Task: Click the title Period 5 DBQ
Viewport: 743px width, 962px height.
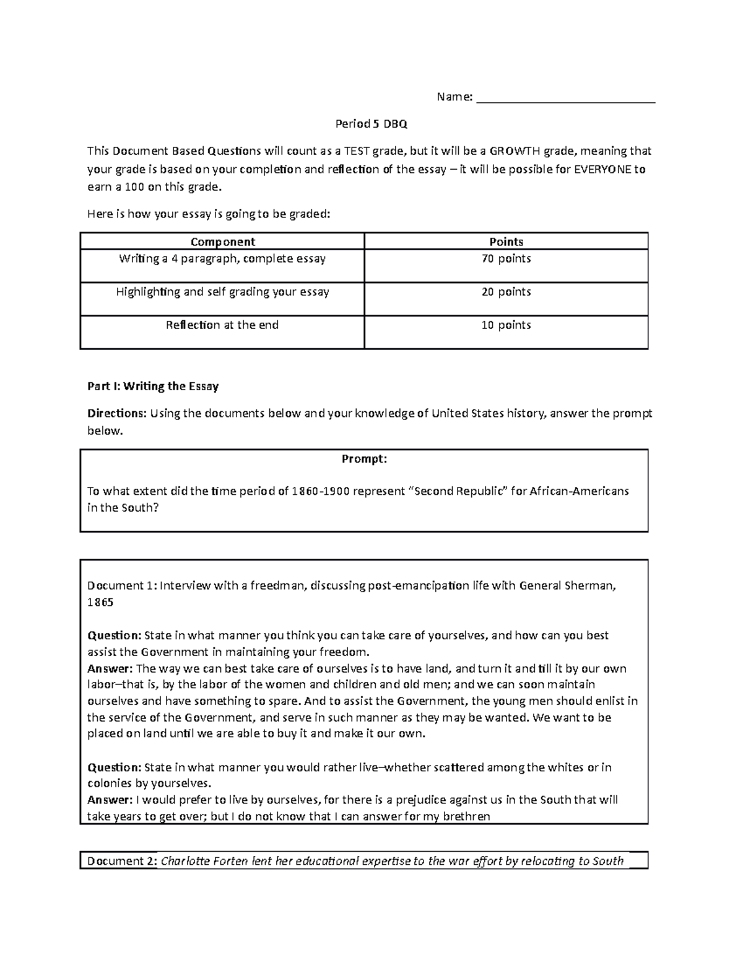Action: point(371,124)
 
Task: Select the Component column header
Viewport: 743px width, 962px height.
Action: point(222,242)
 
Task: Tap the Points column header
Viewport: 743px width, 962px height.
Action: point(506,242)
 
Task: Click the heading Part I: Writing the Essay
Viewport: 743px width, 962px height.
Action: point(153,387)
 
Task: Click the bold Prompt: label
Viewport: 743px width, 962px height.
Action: point(364,459)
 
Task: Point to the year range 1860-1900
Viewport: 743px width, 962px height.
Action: point(323,491)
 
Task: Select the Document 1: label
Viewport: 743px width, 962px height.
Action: point(122,586)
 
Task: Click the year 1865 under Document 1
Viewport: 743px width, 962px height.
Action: point(100,603)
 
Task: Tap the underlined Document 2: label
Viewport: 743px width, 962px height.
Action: point(122,861)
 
